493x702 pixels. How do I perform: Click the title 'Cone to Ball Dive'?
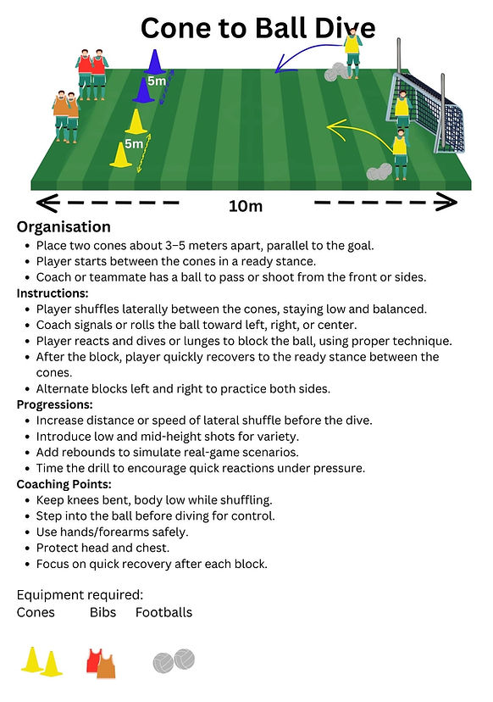click(258, 28)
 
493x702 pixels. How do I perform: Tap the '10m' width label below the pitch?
click(246, 206)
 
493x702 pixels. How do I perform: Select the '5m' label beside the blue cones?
click(157, 81)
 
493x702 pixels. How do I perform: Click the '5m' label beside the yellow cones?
click(134, 144)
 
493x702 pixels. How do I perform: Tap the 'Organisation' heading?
click(64, 227)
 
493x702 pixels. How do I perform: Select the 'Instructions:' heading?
click(53, 293)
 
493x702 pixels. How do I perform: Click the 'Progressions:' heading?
click(54, 404)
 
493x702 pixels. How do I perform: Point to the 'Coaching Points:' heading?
click(64, 484)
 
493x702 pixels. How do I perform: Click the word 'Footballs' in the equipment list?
click(163, 612)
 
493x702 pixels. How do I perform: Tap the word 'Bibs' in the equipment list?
click(102, 612)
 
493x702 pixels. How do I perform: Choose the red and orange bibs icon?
click(101, 663)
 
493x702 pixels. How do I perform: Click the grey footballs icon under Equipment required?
click(174, 660)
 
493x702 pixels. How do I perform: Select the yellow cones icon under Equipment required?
click(42, 661)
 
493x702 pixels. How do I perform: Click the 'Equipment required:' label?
click(80, 595)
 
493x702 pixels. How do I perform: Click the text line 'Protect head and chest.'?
click(102, 548)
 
